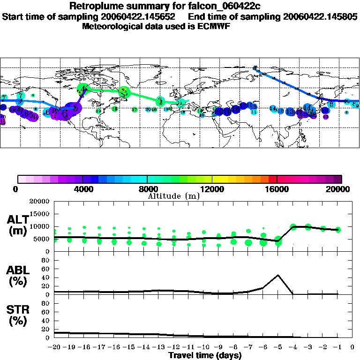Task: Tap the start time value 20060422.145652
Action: tap(141, 16)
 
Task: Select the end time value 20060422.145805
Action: tap(320, 16)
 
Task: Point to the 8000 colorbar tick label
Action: tap(147, 189)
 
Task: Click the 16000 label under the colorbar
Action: tap(277, 189)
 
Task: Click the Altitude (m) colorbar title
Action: tap(173, 196)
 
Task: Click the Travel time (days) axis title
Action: tap(205, 355)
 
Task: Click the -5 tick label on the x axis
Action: tap(278, 347)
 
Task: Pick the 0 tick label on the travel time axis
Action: tap(352, 347)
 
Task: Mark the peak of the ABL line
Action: tap(278, 275)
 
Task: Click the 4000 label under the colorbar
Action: tap(82, 189)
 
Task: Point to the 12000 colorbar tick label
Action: tap(212, 189)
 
